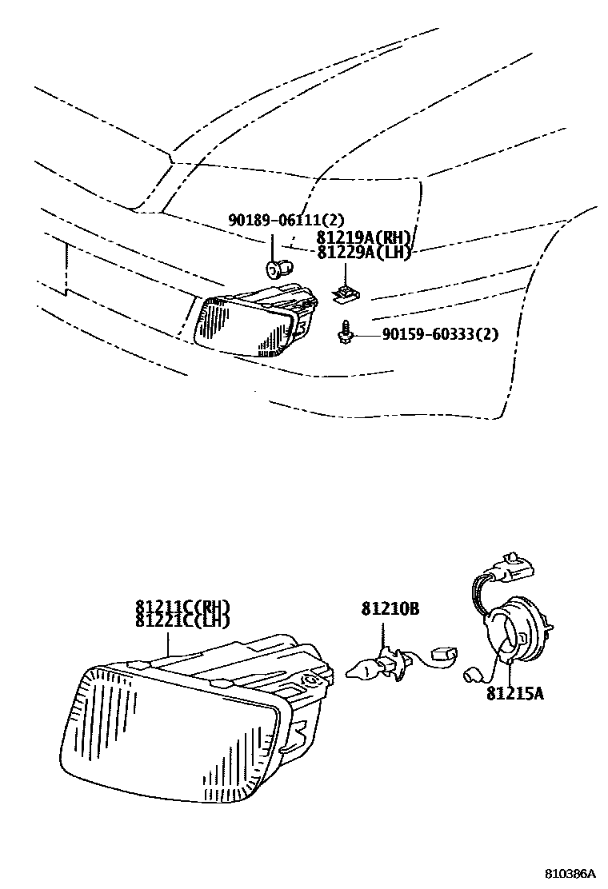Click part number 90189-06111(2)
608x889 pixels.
[x=276, y=219]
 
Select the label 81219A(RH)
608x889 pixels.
[x=364, y=237]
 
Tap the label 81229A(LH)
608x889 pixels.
[x=363, y=253]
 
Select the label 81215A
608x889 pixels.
[x=514, y=694]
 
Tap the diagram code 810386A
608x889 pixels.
[x=572, y=873]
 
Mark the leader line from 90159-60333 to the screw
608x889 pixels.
[x=364, y=335]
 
